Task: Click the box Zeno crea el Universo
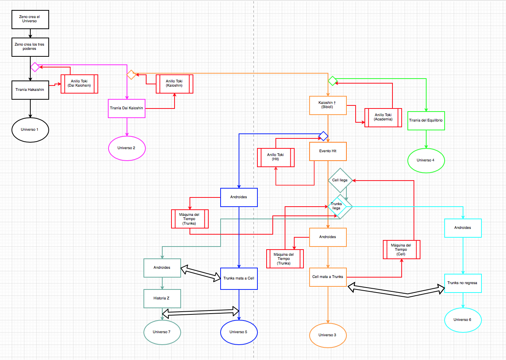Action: [x=30, y=20]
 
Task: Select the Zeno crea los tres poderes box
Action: [x=30, y=47]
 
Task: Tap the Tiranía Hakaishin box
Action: [x=30, y=90]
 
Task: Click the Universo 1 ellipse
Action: [x=30, y=130]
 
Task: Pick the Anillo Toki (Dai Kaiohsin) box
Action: [x=79, y=84]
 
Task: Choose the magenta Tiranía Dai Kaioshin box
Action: [x=127, y=108]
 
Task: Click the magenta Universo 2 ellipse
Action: [x=127, y=148]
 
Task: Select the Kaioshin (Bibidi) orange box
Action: [x=328, y=105]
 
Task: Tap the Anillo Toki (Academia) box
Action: [x=383, y=118]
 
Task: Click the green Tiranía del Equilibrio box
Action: [x=426, y=121]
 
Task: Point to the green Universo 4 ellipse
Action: [x=426, y=161]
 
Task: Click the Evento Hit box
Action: [x=328, y=151]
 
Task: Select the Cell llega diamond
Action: [x=340, y=180]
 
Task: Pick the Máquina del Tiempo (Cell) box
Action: [x=402, y=250]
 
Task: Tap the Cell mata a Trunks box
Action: [x=328, y=277]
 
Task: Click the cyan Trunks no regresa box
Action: [x=463, y=283]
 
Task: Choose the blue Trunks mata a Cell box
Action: [x=239, y=279]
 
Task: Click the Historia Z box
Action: [x=162, y=299]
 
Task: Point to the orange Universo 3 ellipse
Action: [x=328, y=335]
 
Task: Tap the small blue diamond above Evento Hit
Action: [x=323, y=136]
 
